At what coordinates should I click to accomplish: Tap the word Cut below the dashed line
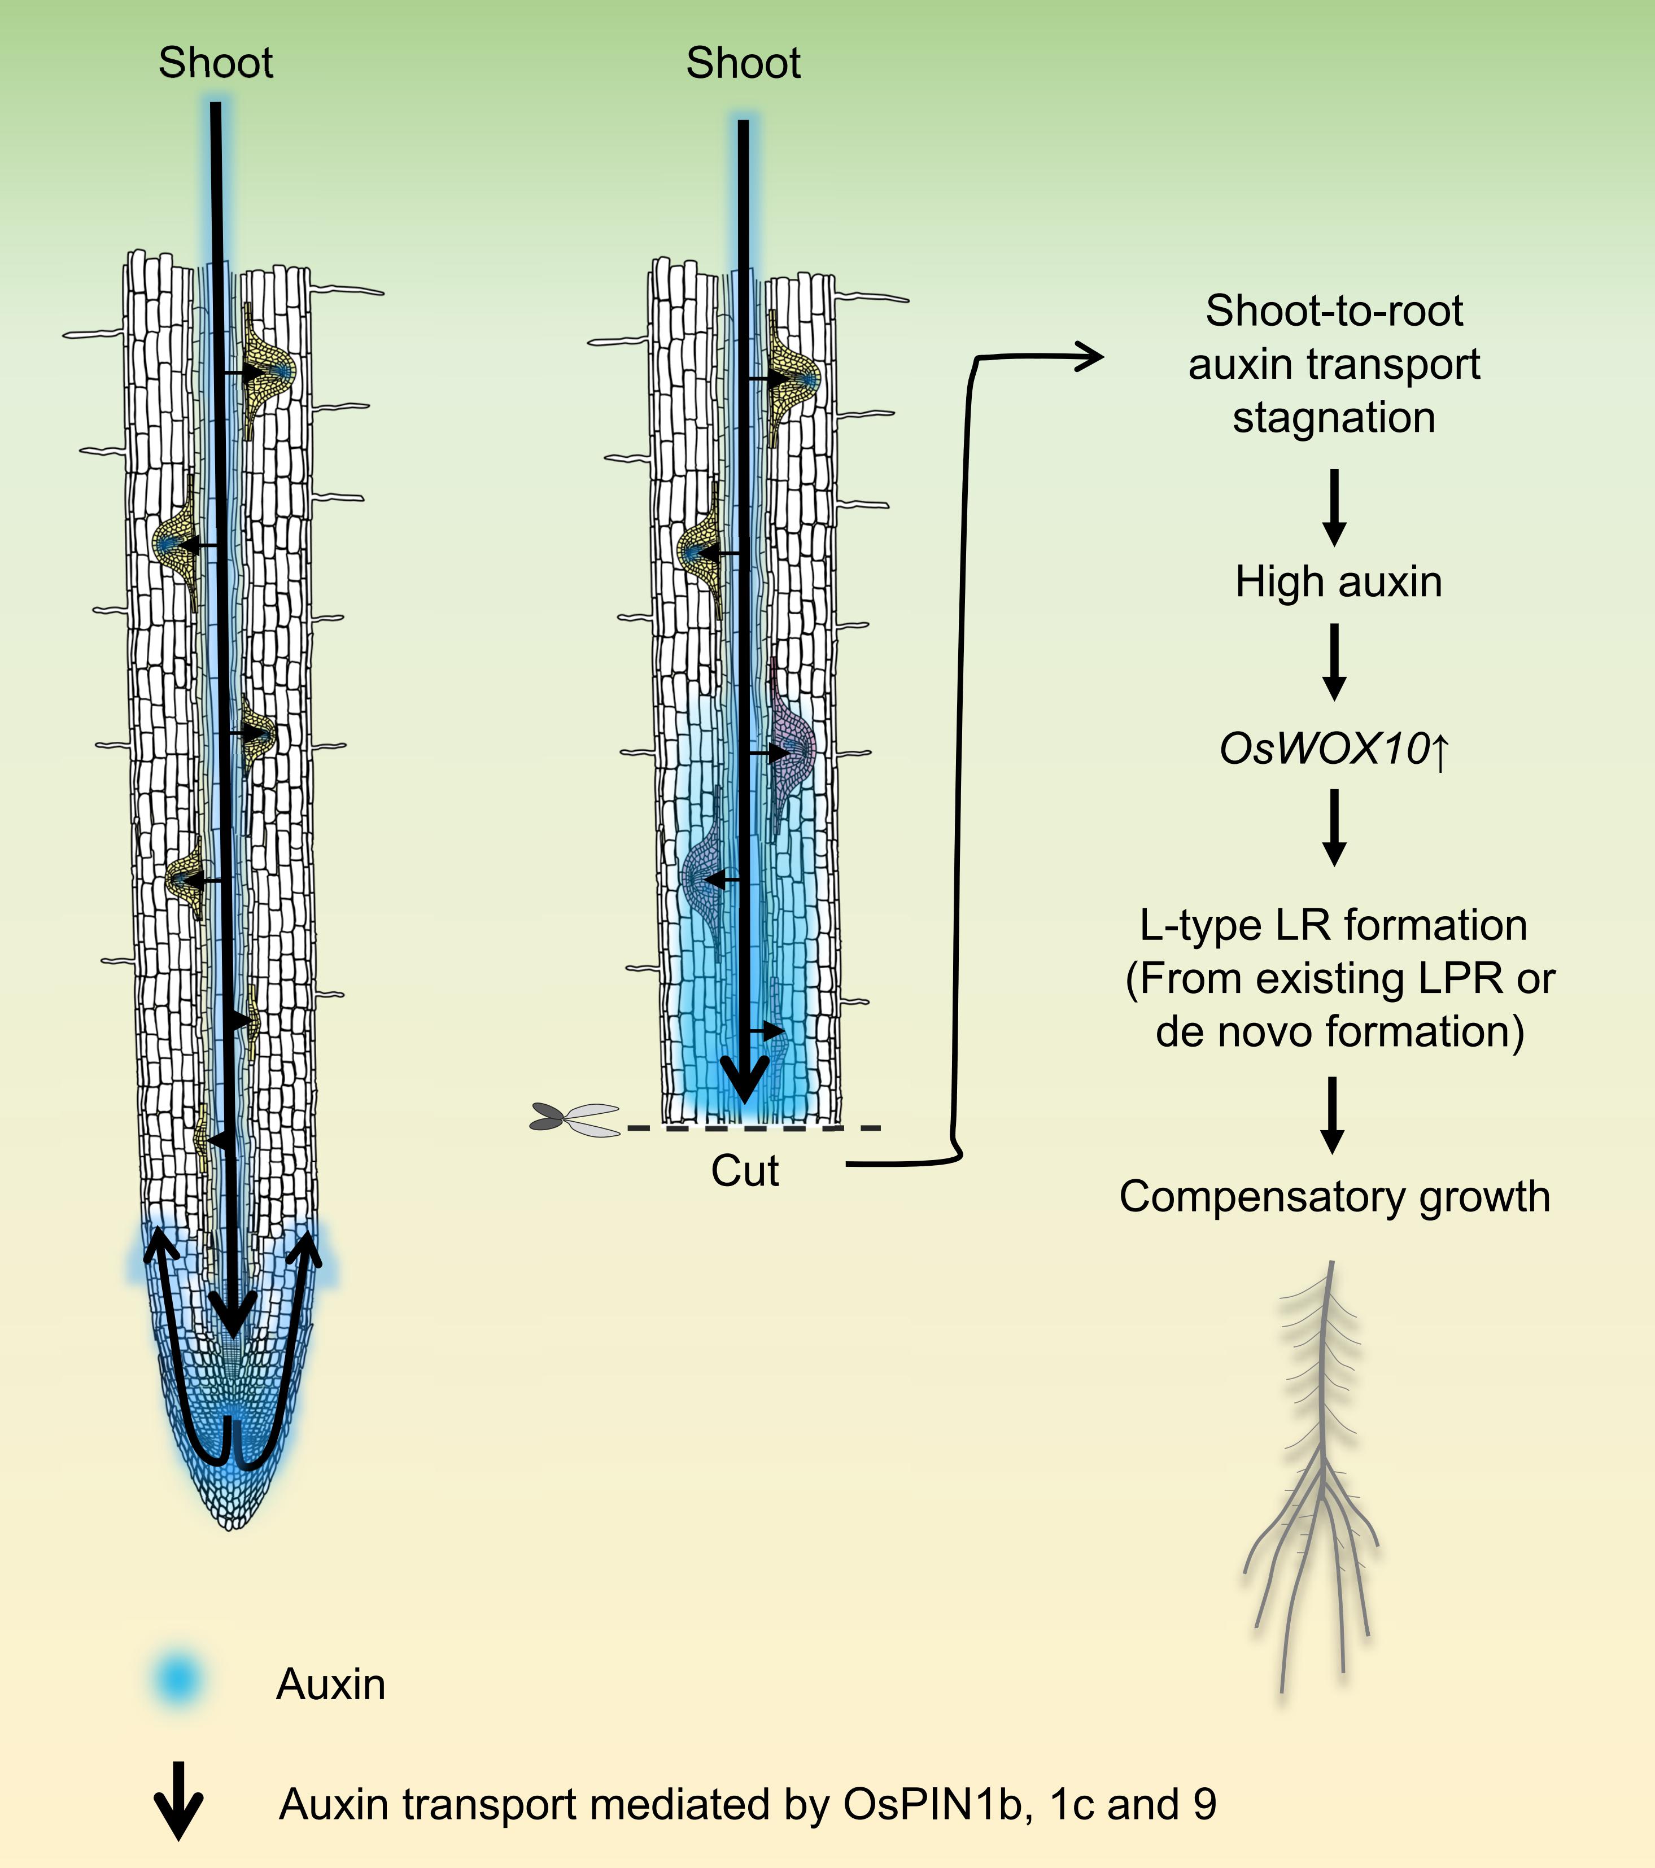[745, 1171]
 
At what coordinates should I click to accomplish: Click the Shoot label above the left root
[216, 63]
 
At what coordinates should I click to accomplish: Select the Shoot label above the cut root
[743, 63]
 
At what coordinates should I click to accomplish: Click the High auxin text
[1338, 582]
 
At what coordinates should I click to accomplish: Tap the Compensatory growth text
[1334, 1196]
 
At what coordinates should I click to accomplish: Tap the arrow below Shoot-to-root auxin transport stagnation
[1334, 507]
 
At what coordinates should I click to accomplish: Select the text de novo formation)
[1340, 1032]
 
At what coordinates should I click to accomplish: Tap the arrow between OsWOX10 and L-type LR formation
[1334, 827]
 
